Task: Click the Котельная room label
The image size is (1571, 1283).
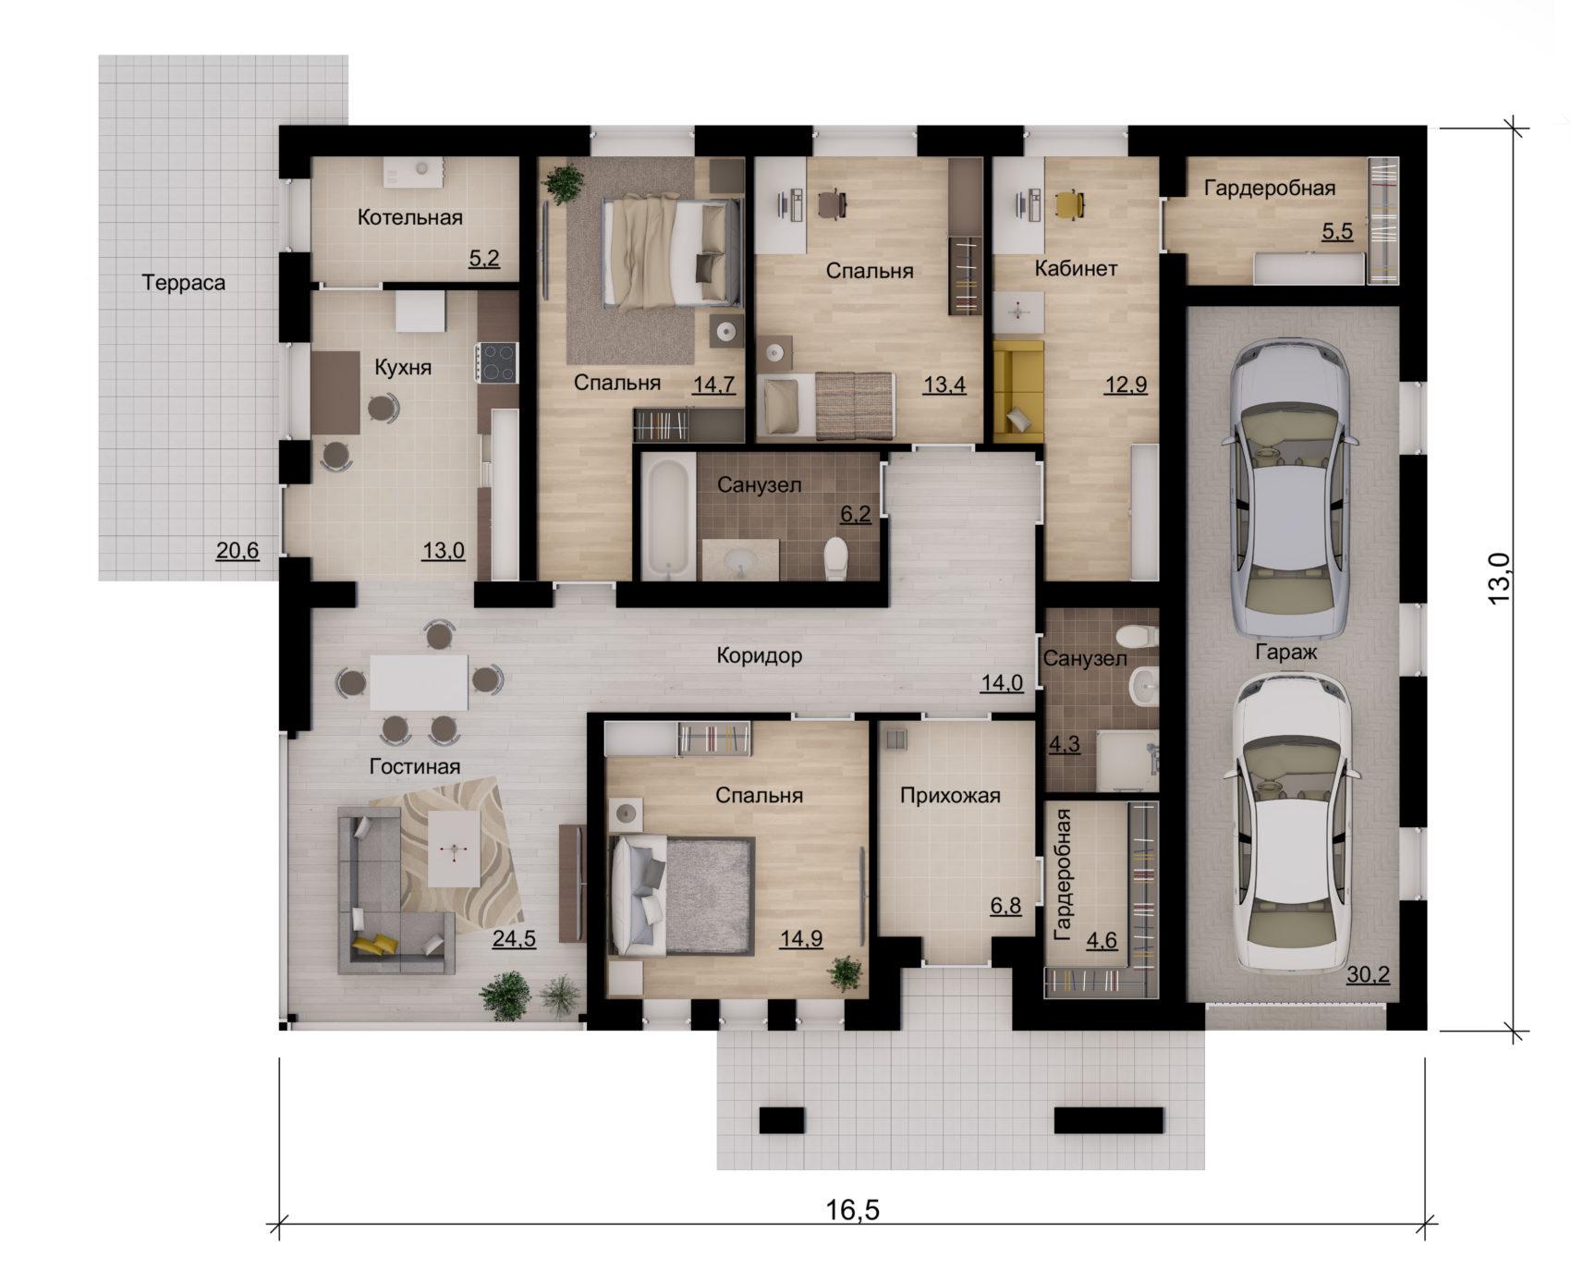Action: coord(409,218)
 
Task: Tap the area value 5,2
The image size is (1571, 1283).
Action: coord(484,258)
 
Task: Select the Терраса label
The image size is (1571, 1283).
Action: coord(184,283)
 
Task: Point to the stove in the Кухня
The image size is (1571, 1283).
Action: coord(497,362)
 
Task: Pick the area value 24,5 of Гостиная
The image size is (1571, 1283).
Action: coord(514,939)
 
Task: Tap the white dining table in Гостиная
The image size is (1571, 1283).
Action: coord(419,682)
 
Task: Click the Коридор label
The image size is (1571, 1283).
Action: coord(760,656)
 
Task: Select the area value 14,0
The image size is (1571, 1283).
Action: coord(1002,683)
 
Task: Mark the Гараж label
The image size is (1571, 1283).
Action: coord(1285,652)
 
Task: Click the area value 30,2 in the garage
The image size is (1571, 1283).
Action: coord(1368,974)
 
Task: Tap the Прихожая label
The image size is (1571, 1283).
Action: coord(950,795)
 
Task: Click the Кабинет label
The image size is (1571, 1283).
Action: coord(1076,269)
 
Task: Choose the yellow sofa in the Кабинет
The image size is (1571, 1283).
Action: coord(1018,390)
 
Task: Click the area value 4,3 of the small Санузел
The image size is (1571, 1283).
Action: coord(1064,743)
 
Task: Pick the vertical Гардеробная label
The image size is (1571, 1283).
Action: coord(1062,874)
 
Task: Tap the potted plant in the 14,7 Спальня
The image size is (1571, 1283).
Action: coord(564,184)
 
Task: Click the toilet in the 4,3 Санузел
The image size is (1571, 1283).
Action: coord(1136,636)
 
